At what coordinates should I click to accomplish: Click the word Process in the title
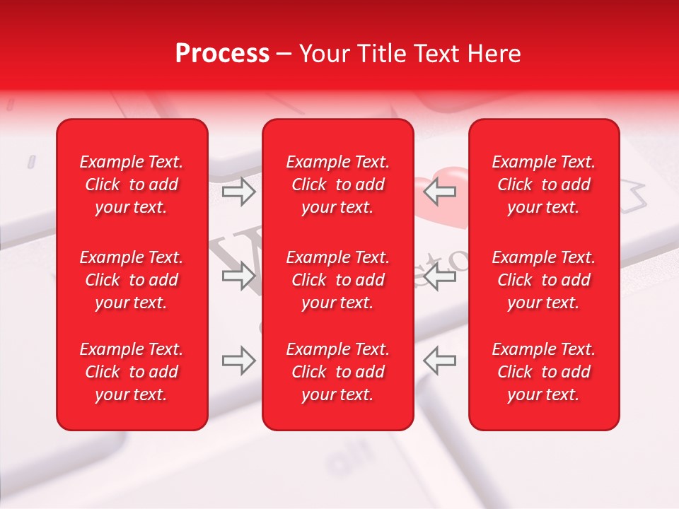(222, 54)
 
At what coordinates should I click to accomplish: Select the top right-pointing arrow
(239, 192)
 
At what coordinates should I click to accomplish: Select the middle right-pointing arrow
(239, 276)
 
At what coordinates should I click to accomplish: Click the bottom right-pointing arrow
(239, 361)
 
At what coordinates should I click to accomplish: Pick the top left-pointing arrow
(439, 192)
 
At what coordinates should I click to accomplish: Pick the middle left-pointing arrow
(439, 276)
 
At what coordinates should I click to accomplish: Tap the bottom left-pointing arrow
(439, 361)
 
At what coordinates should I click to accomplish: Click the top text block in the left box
(132, 185)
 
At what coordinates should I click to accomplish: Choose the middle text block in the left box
(132, 280)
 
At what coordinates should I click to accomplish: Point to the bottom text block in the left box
(132, 372)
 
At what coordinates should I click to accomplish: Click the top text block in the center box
(338, 185)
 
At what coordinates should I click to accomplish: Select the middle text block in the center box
(338, 280)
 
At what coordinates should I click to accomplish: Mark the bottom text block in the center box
(338, 372)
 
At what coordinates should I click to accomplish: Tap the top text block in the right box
(544, 185)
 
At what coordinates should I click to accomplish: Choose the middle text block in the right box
(544, 280)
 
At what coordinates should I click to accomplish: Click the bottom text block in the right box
(544, 372)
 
